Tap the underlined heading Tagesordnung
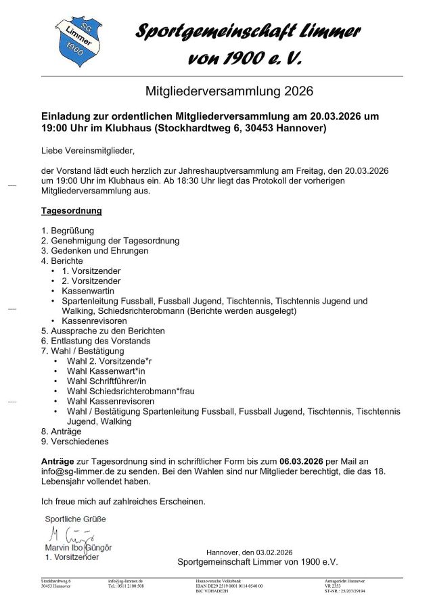click(72, 210)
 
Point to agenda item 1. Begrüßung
click(68, 231)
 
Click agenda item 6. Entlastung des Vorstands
click(95, 342)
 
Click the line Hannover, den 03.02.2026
click(250, 552)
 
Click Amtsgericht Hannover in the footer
click(346, 581)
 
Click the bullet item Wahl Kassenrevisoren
click(108, 400)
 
